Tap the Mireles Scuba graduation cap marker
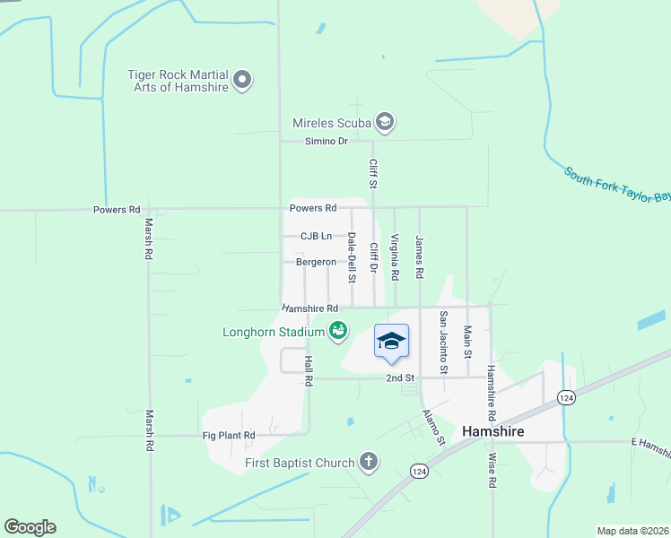(x=385, y=122)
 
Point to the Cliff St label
(x=373, y=174)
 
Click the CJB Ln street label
(x=316, y=237)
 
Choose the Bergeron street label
(x=316, y=263)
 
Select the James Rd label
(x=419, y=255)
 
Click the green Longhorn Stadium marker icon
(x=338, y=332)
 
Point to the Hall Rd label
(x=308, y=369)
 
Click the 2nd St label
(x=399, y=378)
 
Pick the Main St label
(x=467, y=343)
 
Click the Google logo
(x=30, y=527)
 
